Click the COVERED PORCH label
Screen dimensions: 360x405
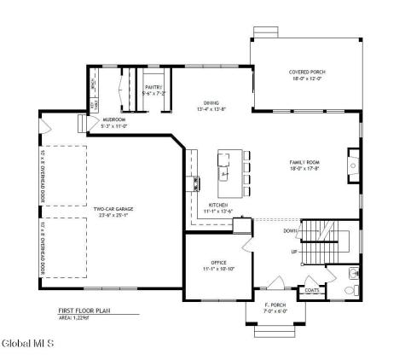[307, 73]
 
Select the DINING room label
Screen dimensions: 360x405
[211, 103]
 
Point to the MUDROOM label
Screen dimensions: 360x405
[114, 120]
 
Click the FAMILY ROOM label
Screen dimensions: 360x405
[305, 161]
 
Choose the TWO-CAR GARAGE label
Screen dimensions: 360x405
[113, 208]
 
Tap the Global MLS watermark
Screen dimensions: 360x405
[28, 344]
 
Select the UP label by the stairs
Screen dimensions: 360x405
[295, 253]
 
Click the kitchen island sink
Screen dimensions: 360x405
[225, 173]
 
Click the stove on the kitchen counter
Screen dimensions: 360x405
[197, 182]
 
